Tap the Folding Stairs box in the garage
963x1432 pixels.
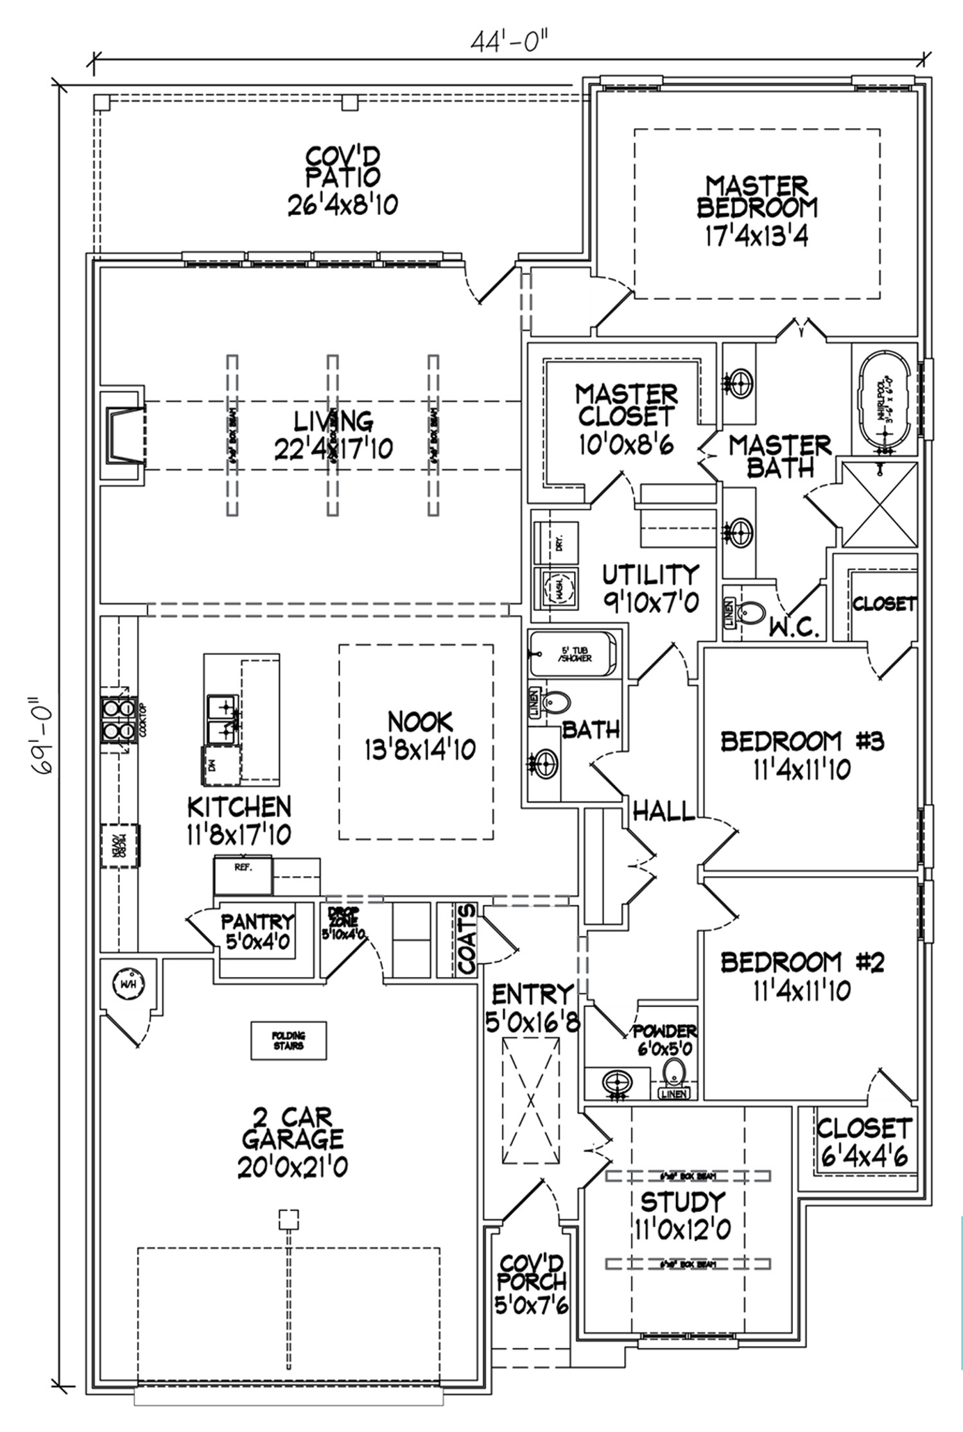tap(288, 1040)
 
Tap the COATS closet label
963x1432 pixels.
tap(468, 940)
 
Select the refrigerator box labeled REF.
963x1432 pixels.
tap(243, 875)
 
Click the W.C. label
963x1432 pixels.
tap(795, 628)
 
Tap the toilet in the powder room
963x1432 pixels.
tap(673, 1071)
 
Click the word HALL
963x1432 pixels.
tap(664, 811)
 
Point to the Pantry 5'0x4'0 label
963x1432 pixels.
tap(257, 931)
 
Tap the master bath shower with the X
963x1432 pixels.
tap(880, 504)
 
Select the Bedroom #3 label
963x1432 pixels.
tap(802, 741)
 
